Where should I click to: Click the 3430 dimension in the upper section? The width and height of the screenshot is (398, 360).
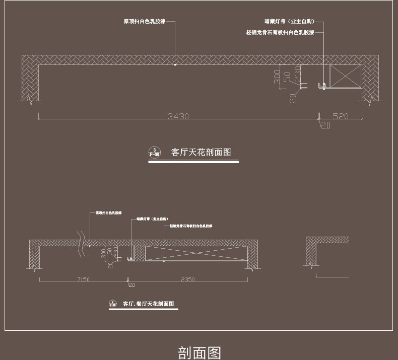[x=178, y=116]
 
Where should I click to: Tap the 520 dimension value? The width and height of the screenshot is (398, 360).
[x=341, y=116]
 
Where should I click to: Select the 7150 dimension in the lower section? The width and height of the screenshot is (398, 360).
[x=83, y=279]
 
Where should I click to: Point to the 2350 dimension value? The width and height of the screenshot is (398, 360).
[x=187, y=279]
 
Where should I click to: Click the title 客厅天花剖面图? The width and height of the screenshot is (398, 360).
[x=201, y=152]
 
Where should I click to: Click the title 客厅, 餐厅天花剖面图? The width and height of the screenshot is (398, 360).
[x=149, y=304]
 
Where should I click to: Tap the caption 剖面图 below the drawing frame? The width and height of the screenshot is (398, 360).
[x=200, y=352]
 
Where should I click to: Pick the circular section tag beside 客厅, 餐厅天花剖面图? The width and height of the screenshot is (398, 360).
[x=113, y=304]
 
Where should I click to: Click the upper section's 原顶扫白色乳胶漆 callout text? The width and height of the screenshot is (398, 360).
[x=145, y=22]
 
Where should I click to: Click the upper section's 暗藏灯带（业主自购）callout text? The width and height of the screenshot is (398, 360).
[x=289, y=22]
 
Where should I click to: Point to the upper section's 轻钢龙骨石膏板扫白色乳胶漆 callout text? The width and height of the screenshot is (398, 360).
[x=280, y=32]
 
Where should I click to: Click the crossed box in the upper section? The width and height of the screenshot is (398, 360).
[x=346, y=76]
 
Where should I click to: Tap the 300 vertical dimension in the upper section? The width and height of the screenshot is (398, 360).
[x=277, y=77]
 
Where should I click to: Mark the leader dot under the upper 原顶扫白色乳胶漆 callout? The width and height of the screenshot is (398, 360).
[x=175, y=64]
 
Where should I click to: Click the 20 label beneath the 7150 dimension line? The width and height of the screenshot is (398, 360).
[x=132, y=285]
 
